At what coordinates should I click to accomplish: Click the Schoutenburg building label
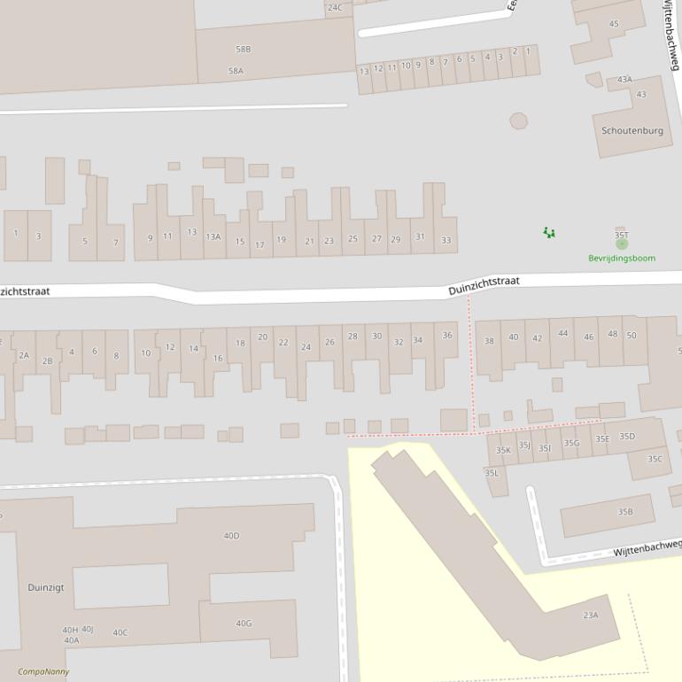click(632, 130)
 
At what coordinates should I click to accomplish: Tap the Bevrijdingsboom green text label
click(622, 258)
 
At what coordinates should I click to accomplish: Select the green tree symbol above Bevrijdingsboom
click(622, 244)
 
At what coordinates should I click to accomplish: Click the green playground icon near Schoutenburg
click(549, 232)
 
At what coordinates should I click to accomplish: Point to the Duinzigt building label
click(45, 586)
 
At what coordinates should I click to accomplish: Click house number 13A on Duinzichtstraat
click(213, 236)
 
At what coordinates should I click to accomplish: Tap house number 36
click(447, 335)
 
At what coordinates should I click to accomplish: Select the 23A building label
click(591, 615)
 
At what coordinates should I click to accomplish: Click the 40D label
click(231, 535)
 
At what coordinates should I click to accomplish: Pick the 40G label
click(244, 623)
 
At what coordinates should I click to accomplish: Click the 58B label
click(243, 49)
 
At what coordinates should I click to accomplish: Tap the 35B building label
click(625, 511)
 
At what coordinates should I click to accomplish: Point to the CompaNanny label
click(43, 671)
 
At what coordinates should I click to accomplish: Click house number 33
click(446, 240)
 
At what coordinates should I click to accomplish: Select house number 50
click(632, 335)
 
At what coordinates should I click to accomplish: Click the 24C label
click(334, 7)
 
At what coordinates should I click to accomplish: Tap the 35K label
click(503, 450)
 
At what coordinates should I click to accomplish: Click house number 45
click(614, 24)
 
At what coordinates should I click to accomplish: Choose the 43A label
click(624, 79)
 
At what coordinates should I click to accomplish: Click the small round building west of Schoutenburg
click(518, 120)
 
